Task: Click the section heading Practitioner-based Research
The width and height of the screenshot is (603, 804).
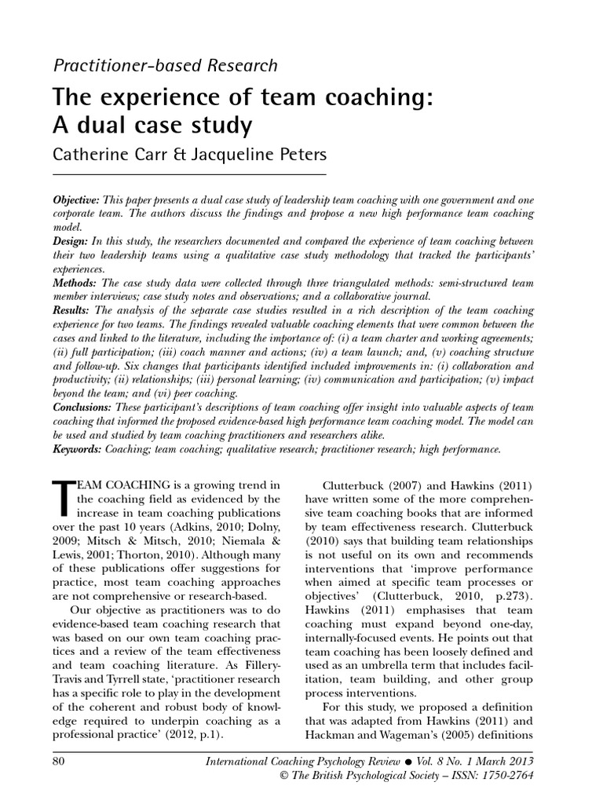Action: [x=165, y=66]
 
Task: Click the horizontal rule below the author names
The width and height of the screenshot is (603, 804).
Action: [x=188, y=174]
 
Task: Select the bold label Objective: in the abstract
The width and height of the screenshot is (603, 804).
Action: [x=78, y=199]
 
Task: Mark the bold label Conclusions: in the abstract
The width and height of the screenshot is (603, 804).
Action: [x=82, y=407]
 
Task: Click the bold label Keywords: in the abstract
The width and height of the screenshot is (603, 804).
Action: [x=78, y=449]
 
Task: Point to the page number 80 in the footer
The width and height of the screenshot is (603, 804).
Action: [x=60, y=760]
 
